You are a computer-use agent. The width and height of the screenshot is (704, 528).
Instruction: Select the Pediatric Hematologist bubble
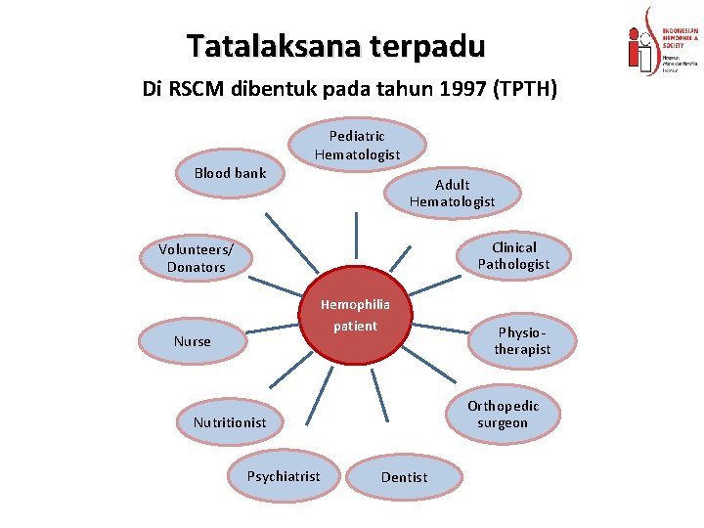tap(357, 146)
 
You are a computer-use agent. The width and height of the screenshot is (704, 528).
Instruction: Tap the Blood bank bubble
tap(230, 173)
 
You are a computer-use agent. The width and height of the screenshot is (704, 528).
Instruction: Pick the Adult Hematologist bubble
tap(452, 193)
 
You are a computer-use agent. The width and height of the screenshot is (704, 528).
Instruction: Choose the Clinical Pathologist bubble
tap(513, 256)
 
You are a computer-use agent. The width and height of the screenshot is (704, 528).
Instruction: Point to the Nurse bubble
tap(192, 341)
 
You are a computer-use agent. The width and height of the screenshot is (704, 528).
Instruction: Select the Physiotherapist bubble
tap(522, 340)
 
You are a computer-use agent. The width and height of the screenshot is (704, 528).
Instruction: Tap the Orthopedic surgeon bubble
tap(503, 415)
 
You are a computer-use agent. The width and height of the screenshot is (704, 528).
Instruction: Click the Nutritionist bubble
tap(229, 422)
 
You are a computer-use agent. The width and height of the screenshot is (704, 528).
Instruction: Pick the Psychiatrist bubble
tap(283, 476)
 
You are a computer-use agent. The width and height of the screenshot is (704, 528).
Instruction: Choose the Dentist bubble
tap(404, 477)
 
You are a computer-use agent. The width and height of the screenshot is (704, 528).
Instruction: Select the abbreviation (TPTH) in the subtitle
tap(526, 90)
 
